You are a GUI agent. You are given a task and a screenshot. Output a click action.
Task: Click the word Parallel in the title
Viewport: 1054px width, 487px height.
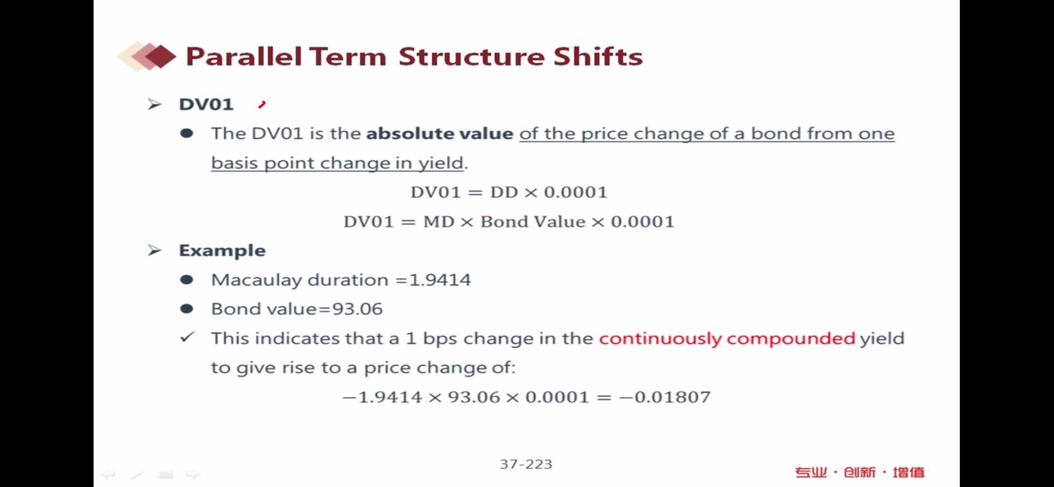[244, 56]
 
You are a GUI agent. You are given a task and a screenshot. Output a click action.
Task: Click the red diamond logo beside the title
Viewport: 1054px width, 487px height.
[147, 56]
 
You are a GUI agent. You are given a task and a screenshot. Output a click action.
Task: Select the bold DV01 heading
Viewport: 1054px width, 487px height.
[206, 104]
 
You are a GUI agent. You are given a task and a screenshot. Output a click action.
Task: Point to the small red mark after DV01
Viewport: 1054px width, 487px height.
[262, 105]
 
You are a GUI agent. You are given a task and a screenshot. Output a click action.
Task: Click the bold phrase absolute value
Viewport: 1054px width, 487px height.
[439, 134]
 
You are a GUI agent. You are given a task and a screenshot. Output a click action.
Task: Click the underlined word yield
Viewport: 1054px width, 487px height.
[441, 164]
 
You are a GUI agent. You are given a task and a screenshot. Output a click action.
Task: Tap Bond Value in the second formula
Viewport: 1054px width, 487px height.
[533, 222]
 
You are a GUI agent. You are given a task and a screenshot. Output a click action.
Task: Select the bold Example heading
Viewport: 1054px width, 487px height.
[222, 251]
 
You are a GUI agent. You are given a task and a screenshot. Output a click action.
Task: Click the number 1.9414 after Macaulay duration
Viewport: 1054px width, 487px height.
[439, 279]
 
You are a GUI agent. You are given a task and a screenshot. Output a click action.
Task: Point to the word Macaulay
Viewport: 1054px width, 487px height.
[256, 280]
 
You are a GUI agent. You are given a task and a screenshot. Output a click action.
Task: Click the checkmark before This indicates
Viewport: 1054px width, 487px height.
[187, 337]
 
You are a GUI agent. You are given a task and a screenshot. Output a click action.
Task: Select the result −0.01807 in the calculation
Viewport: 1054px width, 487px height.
[665, 397]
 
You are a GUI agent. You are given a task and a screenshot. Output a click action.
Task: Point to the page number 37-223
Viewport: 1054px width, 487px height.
[526, 464]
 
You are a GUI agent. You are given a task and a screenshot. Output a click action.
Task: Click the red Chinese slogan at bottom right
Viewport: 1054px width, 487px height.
[860, 472]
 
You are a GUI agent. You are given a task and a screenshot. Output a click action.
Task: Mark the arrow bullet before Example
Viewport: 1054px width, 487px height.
[154, 251]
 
